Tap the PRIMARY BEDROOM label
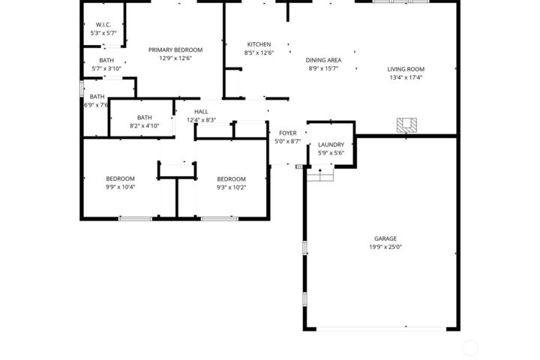(175, 49)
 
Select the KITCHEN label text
(259, 44)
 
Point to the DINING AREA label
(324, 59)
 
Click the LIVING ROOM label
(406, 68)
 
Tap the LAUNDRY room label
(331, 145)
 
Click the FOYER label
(287, 133)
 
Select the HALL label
(201, 112)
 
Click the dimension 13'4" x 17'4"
(406, 77)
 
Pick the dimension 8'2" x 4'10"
(144, 126)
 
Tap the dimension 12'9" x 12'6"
(175, 58)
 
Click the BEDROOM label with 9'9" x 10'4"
(120, 178)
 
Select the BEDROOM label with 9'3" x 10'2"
(231, 178)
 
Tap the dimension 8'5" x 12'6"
(259, 53)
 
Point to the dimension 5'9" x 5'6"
(331, 153)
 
